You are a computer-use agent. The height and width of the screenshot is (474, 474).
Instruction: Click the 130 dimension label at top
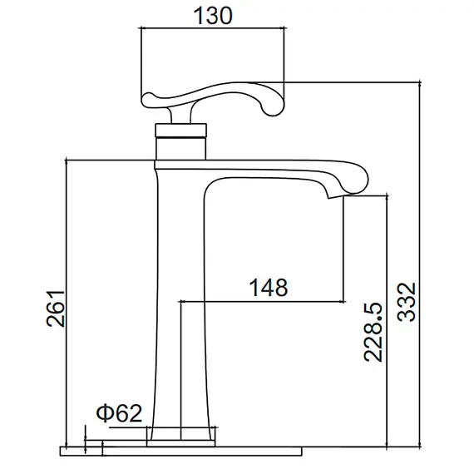click(x=213, y=16)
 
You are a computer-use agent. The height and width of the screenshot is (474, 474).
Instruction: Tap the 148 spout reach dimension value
click(x=268, y=288)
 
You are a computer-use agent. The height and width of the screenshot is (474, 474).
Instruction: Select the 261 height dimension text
click(x=56, y=309)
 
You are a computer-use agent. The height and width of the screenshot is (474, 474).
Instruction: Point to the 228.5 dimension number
click(x=373, y=332)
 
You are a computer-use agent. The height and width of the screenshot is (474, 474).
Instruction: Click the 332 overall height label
click(x=407, y=302)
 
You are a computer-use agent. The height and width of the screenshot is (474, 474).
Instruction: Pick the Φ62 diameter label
click(x=119, y=413)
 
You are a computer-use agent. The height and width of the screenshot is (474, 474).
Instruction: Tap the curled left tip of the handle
click(x=149, y=99)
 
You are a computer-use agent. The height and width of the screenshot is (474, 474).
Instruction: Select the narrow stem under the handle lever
click(x=181, y=112)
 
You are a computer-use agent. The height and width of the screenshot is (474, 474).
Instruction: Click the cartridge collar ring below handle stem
click(x=181, y=130)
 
